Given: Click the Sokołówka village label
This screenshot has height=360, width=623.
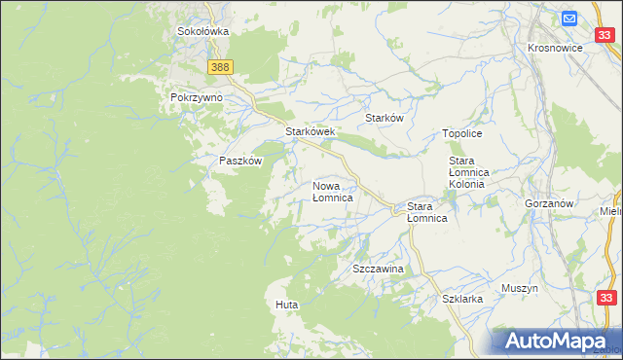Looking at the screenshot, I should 202,31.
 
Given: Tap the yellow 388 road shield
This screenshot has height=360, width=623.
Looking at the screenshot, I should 221,66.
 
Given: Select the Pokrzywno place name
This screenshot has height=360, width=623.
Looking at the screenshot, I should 197,98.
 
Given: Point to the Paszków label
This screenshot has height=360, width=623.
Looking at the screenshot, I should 240,162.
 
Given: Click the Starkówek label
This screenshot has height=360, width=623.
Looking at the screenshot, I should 310,131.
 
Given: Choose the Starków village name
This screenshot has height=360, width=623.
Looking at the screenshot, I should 384,118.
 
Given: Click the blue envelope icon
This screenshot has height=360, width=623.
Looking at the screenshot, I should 569,18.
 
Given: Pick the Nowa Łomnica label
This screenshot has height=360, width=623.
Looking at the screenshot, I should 332,191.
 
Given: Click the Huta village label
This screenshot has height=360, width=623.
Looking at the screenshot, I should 286,305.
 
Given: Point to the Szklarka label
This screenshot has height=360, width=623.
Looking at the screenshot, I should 462,300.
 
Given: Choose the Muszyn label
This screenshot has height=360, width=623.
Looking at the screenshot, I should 520,288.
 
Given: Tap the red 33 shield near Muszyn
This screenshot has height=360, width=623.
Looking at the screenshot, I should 606,299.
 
